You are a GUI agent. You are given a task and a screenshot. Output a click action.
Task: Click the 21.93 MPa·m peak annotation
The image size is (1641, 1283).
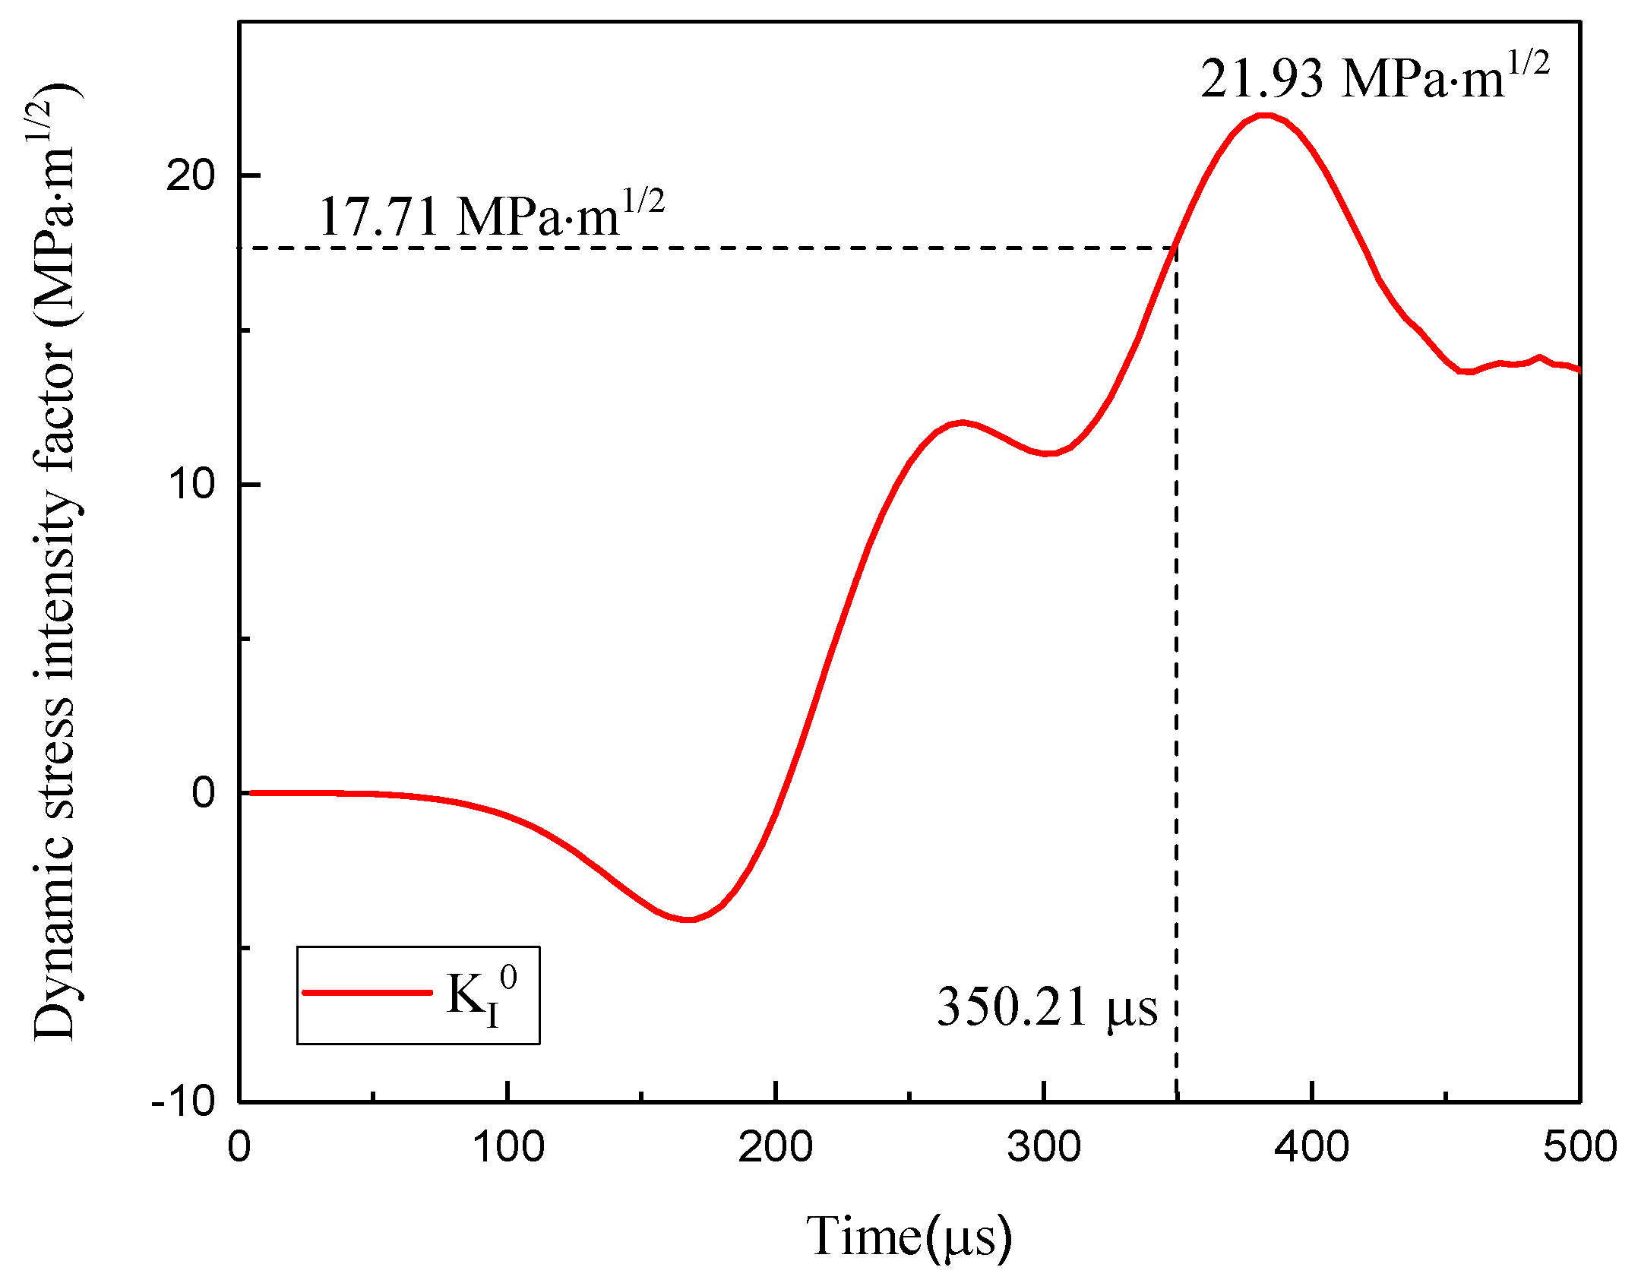point(1374,77)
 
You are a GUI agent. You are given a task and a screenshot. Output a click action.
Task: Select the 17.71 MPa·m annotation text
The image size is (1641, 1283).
point(491,216)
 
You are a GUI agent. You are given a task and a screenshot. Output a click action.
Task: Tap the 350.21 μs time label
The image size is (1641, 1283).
point(1047,1007)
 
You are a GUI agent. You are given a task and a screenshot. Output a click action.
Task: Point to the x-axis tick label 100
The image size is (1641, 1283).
point(507,1147)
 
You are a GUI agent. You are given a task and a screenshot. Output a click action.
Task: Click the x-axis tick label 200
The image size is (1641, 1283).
point(775,1147)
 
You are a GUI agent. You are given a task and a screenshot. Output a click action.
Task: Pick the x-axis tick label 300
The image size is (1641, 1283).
point(1044,1147)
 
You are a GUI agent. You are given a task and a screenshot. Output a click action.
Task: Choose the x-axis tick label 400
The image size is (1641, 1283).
point(1312,1147)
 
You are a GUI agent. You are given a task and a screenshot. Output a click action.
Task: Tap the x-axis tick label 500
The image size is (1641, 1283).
point(1579,1147)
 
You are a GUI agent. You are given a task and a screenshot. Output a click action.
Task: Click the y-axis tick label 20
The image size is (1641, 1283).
point(191,176)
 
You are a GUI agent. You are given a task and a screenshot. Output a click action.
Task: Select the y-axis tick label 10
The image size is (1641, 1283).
point(191,484)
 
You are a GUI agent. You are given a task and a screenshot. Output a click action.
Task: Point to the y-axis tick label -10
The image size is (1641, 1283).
point(183,1101)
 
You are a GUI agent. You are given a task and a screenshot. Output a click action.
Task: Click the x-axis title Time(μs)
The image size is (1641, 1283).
point(909,1237)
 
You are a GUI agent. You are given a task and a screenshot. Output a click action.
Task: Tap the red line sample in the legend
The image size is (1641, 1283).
point(367,993)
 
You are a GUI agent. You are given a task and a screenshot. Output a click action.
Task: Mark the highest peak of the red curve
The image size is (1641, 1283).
point(1263,115)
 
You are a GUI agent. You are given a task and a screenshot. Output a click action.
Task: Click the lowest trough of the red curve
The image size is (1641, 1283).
point(688,920)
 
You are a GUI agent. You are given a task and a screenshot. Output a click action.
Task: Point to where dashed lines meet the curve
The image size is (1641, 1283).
point(1176,248)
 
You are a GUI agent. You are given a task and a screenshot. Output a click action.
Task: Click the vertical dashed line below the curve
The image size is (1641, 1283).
point(1176,684)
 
